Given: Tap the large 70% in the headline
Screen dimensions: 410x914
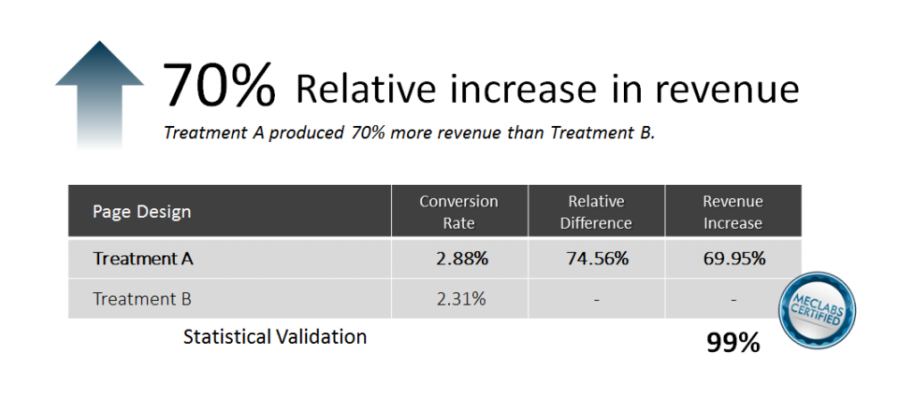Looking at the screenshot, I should pos(219,87).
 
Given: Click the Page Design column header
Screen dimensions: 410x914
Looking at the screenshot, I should pos(142,212).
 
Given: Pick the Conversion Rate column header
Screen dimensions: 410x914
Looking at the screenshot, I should pos(459,212).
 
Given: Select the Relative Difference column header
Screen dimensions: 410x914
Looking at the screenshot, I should pos(595,212).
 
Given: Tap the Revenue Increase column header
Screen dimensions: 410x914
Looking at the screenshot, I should pos(733,212).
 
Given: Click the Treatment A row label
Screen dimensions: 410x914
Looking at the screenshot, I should pos(144,258).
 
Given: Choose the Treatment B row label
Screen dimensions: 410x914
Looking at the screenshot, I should pos(142,299).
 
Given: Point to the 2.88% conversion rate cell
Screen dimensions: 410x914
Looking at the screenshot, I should pos(461,258).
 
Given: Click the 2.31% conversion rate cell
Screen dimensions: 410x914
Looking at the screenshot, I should pos(461,299).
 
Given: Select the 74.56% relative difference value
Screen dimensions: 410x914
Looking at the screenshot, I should pos(597,258).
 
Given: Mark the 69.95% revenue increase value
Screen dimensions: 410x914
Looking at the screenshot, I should pos(734,258).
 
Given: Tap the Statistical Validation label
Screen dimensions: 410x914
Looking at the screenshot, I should pos(275,337).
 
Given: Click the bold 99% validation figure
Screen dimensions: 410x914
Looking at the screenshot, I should pos(733,343).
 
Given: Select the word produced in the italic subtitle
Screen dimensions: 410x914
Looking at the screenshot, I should pos(289,133).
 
